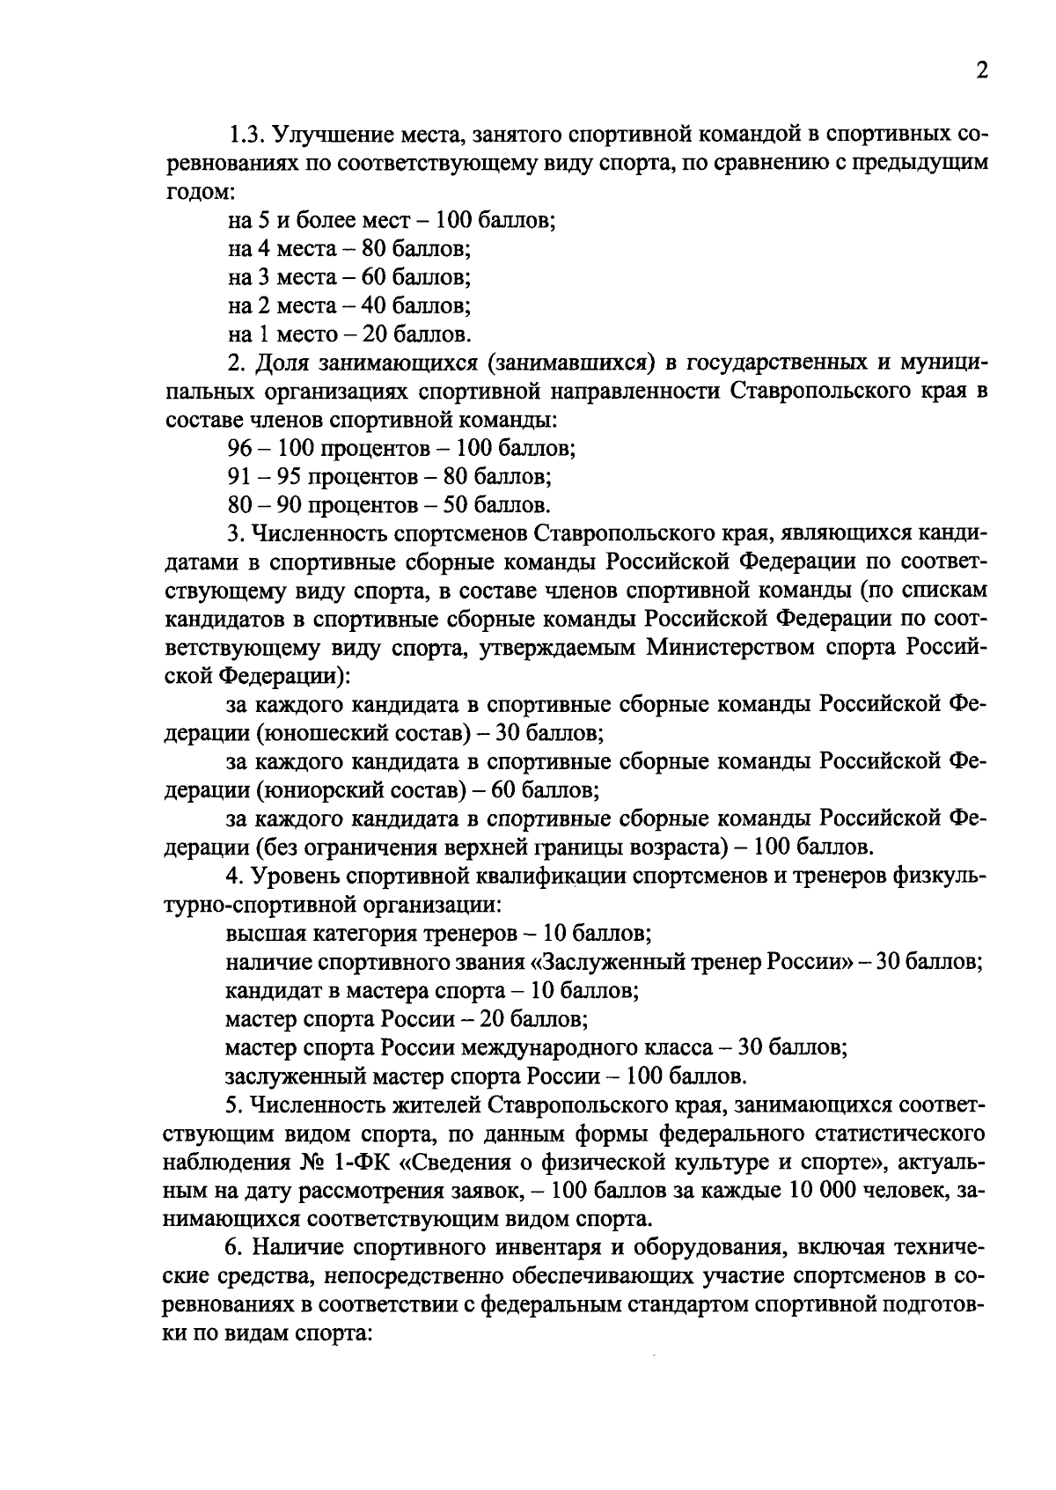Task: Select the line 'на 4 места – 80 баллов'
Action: (x=349, y=249)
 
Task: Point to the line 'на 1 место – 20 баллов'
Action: (x=349, y=334)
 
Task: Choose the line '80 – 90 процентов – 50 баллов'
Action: (x=389, y=505)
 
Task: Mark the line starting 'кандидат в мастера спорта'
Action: (x=431, y=991)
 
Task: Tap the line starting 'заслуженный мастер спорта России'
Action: (x=486, y=1076)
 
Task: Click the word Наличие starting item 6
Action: (x=297, y=1248)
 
